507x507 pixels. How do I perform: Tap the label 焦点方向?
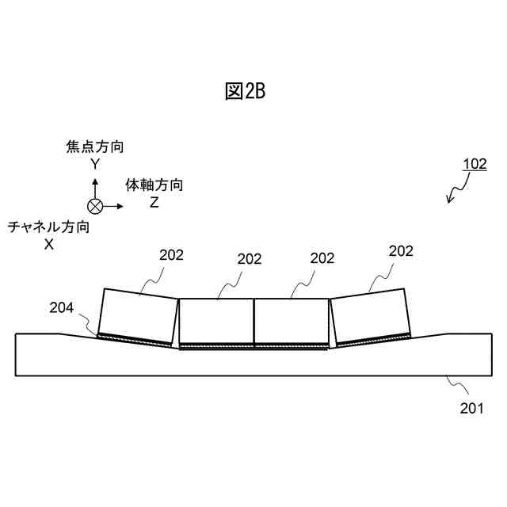tap(95, 147)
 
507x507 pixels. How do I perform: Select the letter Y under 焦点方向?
tap(95, 164)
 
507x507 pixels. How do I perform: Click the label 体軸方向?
tap(155, 185)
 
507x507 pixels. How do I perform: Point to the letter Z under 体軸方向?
tap(154, 203)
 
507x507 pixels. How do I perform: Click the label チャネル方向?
tap(48, 227)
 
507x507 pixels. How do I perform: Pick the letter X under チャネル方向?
tap(48, 245)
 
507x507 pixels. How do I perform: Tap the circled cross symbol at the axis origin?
tap(95, 207)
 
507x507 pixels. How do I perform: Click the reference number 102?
tap(475, 164)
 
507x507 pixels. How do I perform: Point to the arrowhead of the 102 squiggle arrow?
tap(449, 202)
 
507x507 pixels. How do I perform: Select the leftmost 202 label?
tap(171, 254)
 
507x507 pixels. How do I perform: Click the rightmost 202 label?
tap(401, 251)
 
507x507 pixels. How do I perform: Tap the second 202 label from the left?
tap(250, 258)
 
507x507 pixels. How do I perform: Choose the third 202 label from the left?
tap(322, 258)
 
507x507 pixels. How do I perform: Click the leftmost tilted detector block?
tap(138, 314)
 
